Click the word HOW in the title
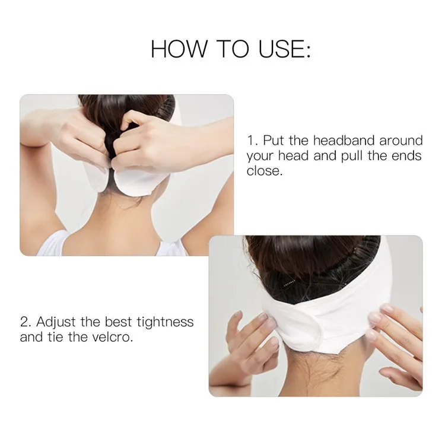(179, 49)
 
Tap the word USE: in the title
(285, 49)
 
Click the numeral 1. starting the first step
(253, 141)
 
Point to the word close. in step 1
(265, 171)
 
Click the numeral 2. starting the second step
(26, 322)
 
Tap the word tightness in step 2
(165, 322)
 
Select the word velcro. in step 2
(113, 337)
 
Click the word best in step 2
(118, 322)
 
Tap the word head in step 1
(293, 155)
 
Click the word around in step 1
(401, 140)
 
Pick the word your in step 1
(260, 157)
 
